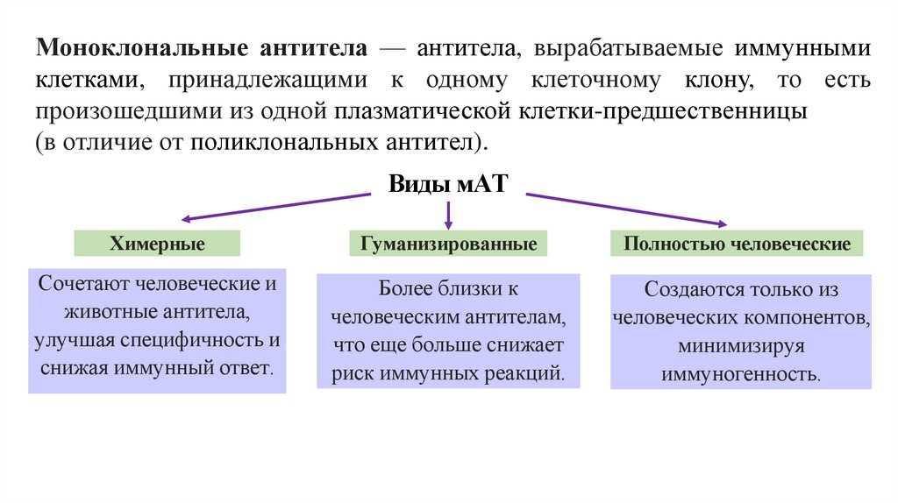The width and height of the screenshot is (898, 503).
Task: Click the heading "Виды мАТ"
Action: [447, 184]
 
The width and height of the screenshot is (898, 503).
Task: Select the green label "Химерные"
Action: [158, 244]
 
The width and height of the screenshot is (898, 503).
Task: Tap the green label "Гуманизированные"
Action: [448, 244]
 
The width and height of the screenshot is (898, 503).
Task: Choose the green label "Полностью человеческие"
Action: [737, 244]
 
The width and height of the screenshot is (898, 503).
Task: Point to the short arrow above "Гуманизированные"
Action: [448, 215]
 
